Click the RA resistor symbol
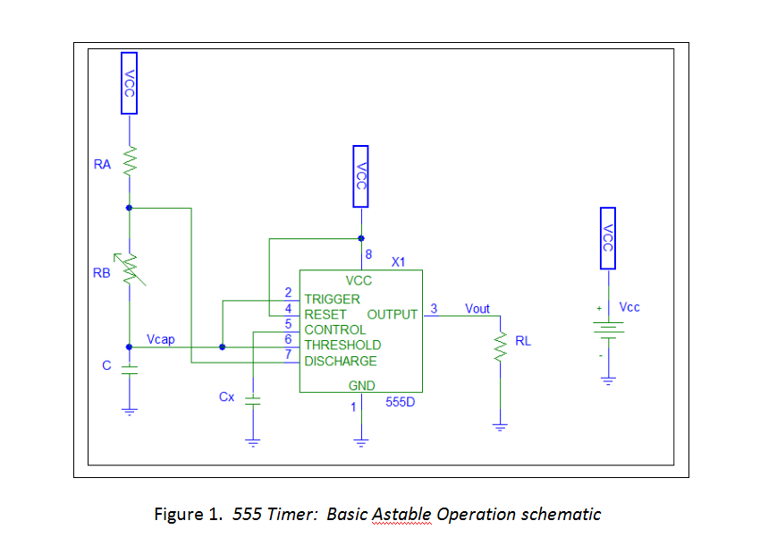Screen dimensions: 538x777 click(130, 163)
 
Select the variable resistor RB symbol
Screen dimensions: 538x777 click(131, 269)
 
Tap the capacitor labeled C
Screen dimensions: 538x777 click(130, 368)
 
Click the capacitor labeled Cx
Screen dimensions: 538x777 click(252, 398)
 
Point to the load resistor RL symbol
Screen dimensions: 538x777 click(500, 345)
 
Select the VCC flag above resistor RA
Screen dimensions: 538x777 click(130, 82)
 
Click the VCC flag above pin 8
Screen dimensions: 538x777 click(360, 176)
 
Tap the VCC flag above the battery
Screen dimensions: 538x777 click(607, 237)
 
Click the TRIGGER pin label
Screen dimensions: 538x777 click(332, 299)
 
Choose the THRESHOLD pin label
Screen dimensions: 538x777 click(342, 346)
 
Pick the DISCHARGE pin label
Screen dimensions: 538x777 click(341, 362)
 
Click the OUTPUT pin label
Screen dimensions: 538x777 click(392, 314)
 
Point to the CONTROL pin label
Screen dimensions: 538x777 click(335, 330)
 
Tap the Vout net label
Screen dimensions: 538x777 click(477, 309)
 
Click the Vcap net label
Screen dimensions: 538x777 click(161, 340)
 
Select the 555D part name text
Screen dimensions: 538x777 click(400, 402)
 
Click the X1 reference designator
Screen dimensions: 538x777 click(399, 262)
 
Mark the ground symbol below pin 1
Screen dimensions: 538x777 click(361, 440)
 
